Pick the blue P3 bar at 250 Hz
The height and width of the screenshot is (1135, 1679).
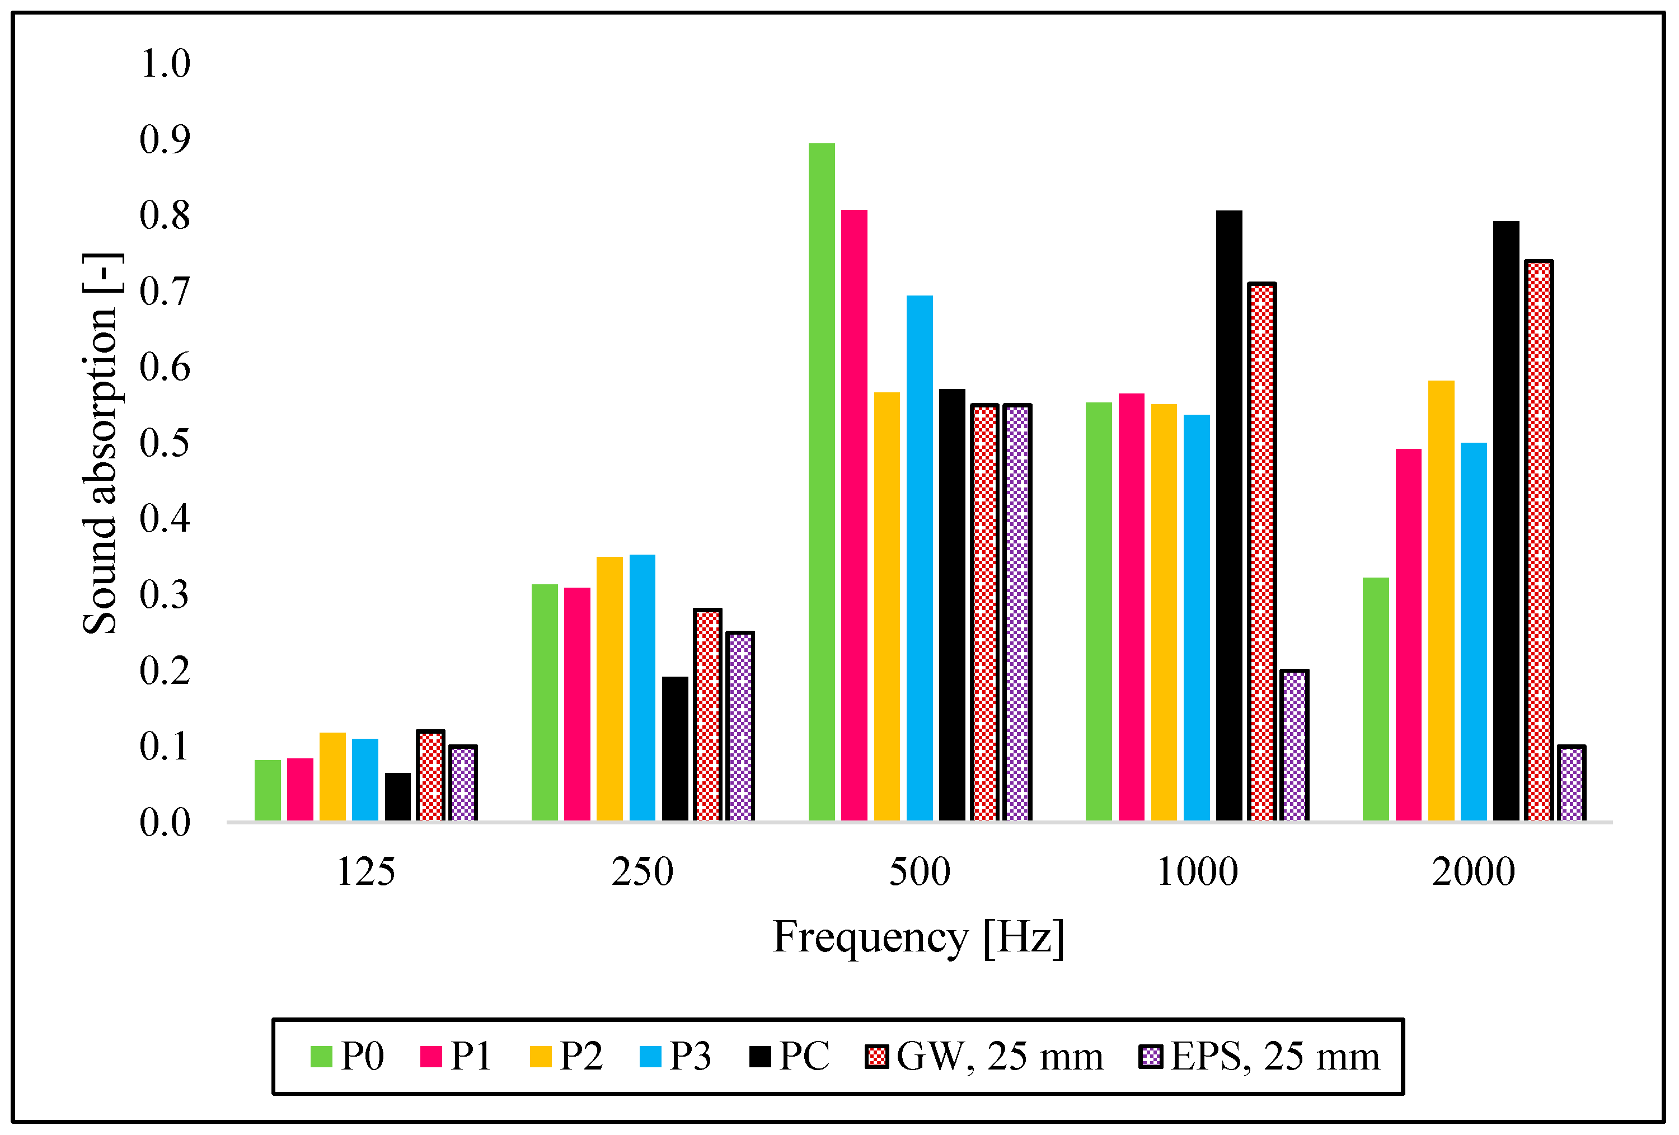[x=642, y=687]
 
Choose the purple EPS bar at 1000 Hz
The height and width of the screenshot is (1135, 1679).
[x=1294, y=745]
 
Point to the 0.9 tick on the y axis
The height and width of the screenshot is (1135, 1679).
[x=165, y=139]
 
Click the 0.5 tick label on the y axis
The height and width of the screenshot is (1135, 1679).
[x=165, y=443]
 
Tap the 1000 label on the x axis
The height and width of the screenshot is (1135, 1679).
[x=1197, y=872]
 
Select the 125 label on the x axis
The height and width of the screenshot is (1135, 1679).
[x=365, y=872]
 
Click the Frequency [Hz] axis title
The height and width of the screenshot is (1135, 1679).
[x=918, y=938]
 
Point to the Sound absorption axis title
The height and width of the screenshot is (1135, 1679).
[x=101, y=444]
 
